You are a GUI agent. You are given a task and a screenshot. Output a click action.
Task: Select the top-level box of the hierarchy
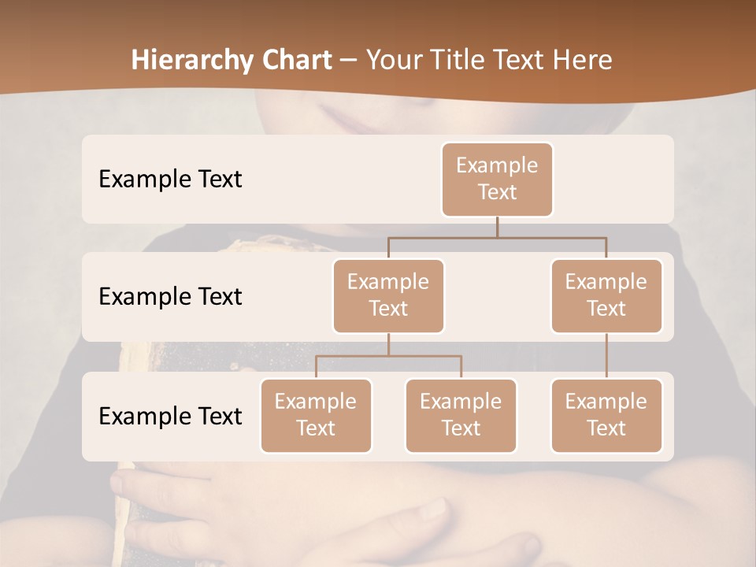[x=497, y=180]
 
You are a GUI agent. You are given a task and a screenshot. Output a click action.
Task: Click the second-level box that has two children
[x=388, y=296]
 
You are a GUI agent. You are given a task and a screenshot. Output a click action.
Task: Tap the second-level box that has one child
[x=606, y=296]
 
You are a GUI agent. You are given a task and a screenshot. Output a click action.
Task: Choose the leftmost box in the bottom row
[x=316, y=416]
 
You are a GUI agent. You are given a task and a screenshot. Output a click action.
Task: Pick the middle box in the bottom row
[x=461, y=416]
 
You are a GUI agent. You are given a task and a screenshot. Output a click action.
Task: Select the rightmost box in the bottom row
[x=606, y=416]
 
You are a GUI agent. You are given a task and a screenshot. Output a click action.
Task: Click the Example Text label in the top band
[x=170, y=180]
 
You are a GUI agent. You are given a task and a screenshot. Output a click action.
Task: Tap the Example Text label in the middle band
[x=170, y=297]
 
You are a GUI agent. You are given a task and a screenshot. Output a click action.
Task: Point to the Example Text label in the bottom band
[x=170, y=416]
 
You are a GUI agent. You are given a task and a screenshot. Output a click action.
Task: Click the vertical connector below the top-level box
[x=497, y=227]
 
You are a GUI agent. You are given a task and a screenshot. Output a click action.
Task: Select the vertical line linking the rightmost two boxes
[x=606, y=356]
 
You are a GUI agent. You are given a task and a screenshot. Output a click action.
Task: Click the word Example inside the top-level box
[x=497, y=165]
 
